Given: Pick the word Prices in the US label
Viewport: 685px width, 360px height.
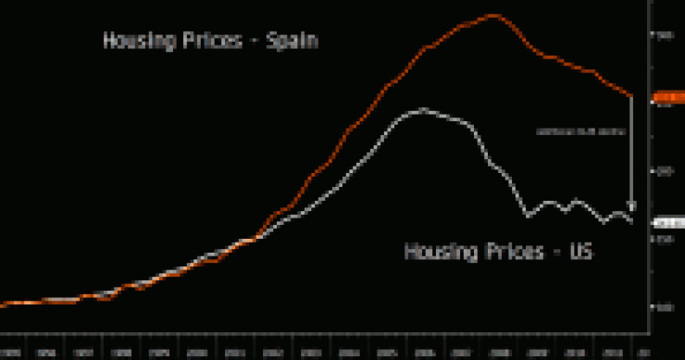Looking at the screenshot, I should [x=507, y=252].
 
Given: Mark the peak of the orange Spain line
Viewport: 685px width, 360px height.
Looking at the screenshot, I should [x=492, y=16].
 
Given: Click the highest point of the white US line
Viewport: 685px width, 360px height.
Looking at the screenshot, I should [x=423, y=109].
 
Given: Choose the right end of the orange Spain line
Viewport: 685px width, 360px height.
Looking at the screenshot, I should [x=632, y=96].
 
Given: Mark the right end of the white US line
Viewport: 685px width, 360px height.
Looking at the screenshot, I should [x=632, y=221].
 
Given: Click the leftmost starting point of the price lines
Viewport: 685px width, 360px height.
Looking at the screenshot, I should [x=3, y=304].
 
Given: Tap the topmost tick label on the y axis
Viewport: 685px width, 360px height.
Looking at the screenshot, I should [x=663, y=35].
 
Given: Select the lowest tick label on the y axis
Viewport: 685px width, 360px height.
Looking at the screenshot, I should [x=663, y=307].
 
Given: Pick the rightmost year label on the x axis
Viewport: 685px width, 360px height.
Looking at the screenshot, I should [x=642, y=353].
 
